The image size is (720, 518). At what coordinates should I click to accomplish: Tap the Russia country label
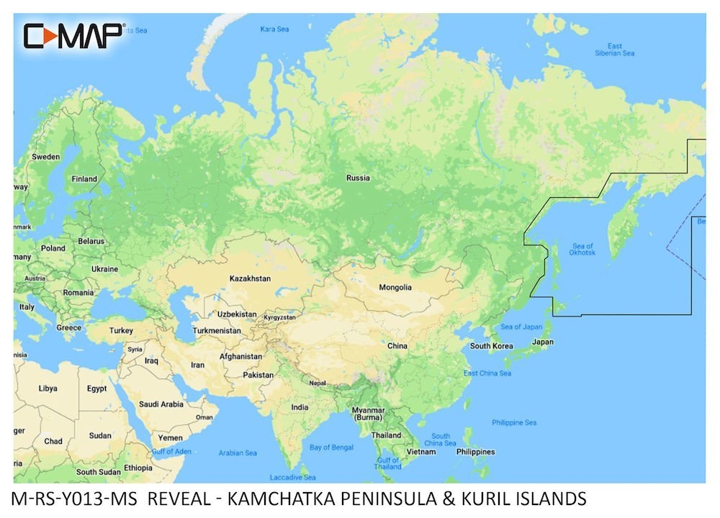tap(358, 178)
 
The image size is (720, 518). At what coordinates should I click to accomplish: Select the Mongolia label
tap(395, 287)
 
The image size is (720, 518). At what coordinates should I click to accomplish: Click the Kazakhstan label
tap(250, 278)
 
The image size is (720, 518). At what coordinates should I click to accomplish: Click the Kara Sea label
tap(274, 29)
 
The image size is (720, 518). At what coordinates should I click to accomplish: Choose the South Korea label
tap(491, 345)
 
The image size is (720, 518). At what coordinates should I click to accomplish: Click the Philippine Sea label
tap(514, 422)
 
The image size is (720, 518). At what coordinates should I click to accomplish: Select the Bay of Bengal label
tap(330, 447)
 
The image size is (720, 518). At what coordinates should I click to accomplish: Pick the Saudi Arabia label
tap(161, 404)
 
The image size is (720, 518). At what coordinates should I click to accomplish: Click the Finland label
tap(84, 179)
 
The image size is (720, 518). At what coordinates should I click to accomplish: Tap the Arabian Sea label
tap(238, 453)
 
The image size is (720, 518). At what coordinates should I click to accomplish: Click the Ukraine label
tap(104, 269)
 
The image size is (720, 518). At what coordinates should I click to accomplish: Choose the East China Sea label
tap(487, 373)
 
